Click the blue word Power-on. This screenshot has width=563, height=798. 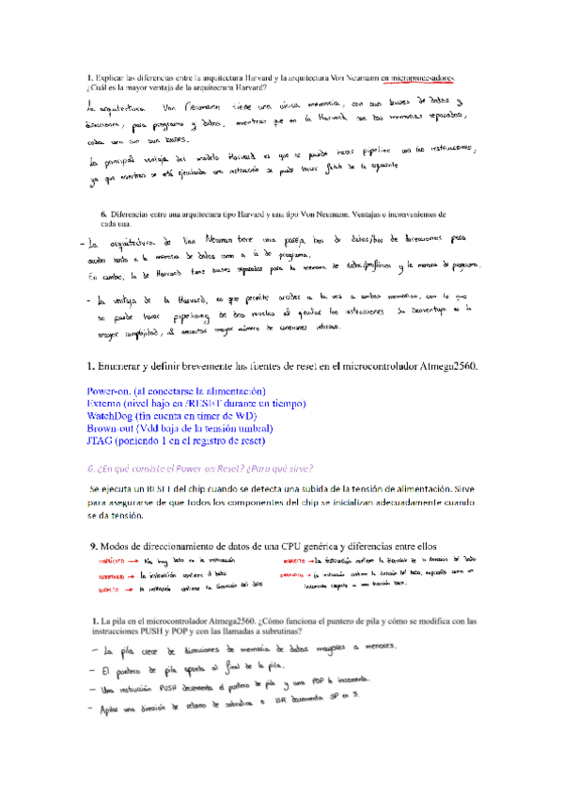pos(111,391)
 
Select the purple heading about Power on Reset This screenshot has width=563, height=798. pos(199,468)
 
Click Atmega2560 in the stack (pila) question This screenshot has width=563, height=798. pos(217,621)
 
